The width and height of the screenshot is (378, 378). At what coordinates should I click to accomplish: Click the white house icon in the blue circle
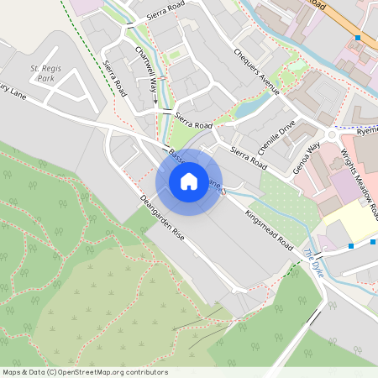coord(189,181)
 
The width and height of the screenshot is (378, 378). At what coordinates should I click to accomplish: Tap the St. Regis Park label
coord(46,72)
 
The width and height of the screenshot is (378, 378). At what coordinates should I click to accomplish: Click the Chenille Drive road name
coord(277,135)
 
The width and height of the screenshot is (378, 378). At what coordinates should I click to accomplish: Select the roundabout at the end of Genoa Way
coord(333,134)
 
